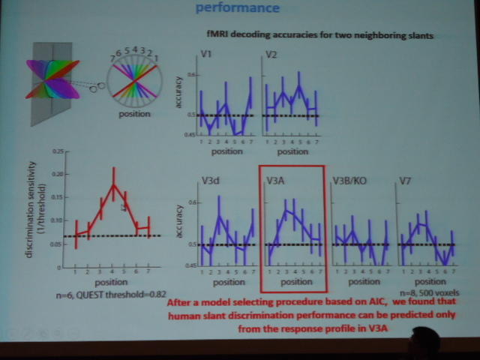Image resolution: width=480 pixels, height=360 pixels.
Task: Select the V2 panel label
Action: pyautogui.click(x=271, y=54)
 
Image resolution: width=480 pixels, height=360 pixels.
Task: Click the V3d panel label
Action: pyautogui.click(x=211, y=181)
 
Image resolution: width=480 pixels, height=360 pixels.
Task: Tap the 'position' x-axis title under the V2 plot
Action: pyautogui.click(x=291, y=151)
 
